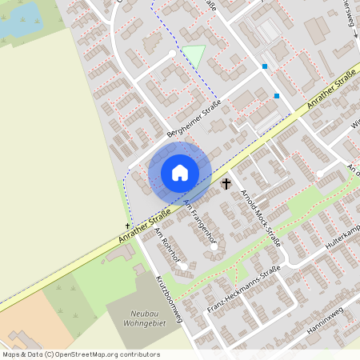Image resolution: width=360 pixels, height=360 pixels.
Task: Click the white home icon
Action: (179, 173)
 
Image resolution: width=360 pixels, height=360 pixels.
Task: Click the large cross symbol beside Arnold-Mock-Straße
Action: (226, 184)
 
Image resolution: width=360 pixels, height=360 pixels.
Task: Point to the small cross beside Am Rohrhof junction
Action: (128, 227)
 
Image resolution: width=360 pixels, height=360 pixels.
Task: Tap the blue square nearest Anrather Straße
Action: (277, 96)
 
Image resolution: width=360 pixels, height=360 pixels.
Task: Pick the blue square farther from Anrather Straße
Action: (265, 66)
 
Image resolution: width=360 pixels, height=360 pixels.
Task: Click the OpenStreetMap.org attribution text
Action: (80, 354)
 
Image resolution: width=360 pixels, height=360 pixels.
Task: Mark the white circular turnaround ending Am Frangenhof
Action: (214, 246)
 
